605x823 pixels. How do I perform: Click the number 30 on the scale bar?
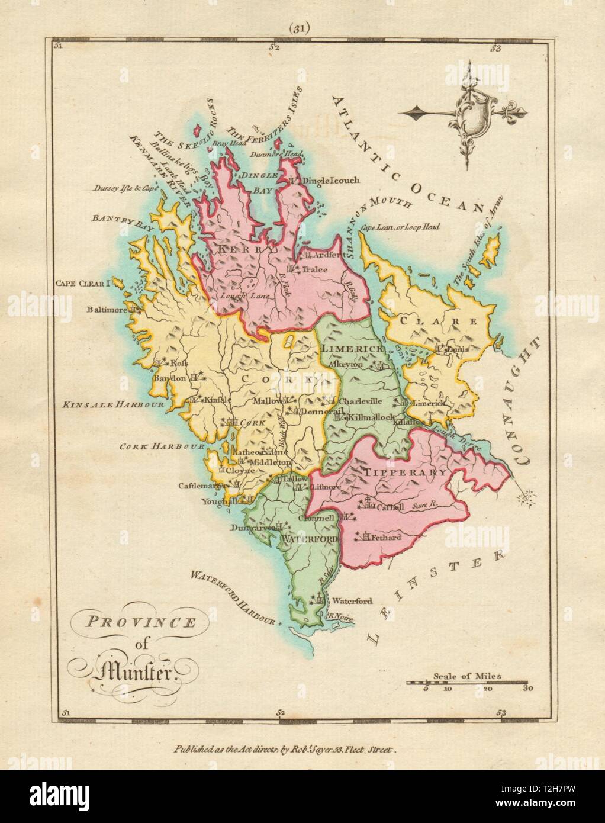coord(528,689)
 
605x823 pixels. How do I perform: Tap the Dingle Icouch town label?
coord(330,180)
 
